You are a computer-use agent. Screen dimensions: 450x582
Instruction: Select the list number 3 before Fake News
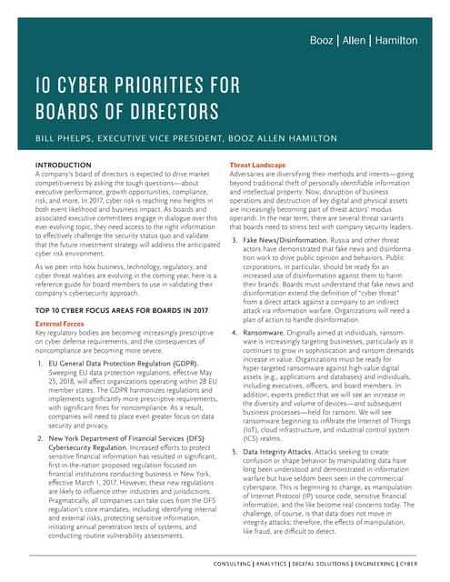click(236, 240)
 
